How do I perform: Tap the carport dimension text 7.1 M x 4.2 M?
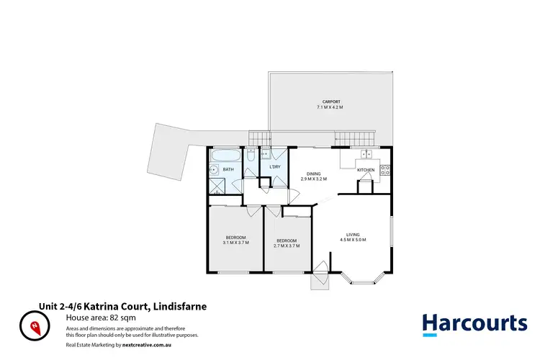tap(330, 107)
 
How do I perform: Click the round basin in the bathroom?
tap(214, 171)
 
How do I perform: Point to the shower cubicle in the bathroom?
tap(216, 185)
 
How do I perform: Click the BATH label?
tap(228, 170)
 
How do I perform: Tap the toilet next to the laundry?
tap(249, 156)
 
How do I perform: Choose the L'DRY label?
tap(274, 168)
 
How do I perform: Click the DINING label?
tap(313, 173)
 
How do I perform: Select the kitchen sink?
tap(366, 153)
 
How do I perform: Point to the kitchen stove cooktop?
tap(384, 171)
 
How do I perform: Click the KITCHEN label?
tap(366, 170)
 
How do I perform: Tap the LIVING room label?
tap(353, 234)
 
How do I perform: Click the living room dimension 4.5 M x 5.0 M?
tap(353, 240)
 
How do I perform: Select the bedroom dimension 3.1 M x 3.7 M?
tap(235, 243)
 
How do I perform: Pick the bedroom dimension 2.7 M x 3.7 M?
tap(287, 246)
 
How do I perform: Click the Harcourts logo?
tap(474, 324)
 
